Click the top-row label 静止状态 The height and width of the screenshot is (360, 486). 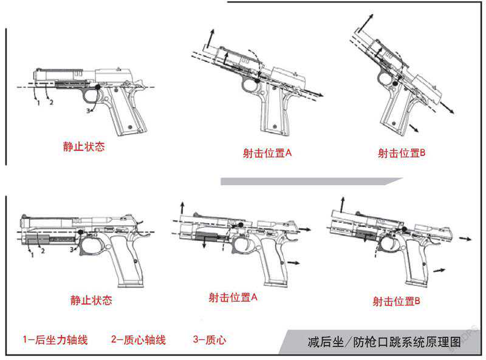84,147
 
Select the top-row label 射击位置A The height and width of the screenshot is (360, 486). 264,153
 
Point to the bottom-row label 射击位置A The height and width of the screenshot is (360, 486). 233,297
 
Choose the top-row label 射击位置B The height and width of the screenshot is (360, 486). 402,153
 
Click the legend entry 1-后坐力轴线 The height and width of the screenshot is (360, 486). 55,340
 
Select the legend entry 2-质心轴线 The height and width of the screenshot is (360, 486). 139,340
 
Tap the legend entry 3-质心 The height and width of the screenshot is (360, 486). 209,340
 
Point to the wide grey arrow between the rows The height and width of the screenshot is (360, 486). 310,181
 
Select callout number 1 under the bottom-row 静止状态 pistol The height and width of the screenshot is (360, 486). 31,256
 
